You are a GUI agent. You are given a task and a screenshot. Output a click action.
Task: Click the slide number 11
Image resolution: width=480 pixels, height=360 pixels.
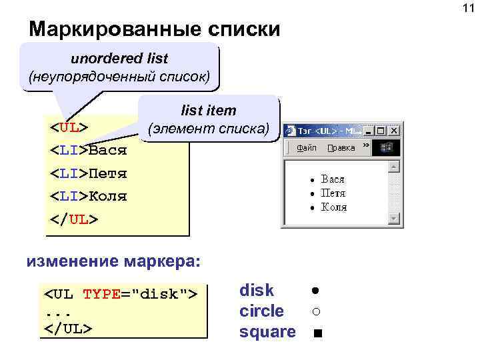click(x=467, y=8)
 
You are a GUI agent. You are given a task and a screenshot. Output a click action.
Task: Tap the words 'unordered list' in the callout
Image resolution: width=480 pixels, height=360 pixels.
click(x=119, y=59)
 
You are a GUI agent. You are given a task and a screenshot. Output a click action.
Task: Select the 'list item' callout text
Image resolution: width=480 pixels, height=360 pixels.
click(x=208, y=110)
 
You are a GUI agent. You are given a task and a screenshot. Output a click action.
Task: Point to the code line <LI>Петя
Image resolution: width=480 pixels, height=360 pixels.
click(x=89, y=173)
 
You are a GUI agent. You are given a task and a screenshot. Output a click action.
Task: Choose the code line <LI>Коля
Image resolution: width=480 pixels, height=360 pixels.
click(x=89, y=197)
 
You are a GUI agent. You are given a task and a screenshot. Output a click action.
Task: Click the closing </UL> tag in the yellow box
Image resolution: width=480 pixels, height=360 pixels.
click(x=74, y=219)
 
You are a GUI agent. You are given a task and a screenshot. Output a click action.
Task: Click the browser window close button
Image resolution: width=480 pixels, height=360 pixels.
click(x=393, y=131)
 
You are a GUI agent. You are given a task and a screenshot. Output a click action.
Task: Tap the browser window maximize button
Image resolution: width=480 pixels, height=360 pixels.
click(x=381, y=131)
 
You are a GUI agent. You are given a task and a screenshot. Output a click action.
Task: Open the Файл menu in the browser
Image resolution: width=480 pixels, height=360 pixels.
click(x=307, y=147)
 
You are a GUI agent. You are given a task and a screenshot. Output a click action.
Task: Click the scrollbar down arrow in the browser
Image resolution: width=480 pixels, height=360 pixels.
click(x=395, y=218)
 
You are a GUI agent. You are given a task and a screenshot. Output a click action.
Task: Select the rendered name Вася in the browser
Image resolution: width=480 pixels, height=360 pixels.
click(x=333, y=179)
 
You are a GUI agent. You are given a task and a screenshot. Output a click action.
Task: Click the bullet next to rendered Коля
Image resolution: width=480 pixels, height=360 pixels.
click(x=311, y=208)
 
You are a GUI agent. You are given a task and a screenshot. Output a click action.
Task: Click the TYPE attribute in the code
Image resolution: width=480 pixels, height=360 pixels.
click(x=101, y=293)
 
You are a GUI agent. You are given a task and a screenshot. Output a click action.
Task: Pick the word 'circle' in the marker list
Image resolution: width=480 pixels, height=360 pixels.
click(x=261, y=311)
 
